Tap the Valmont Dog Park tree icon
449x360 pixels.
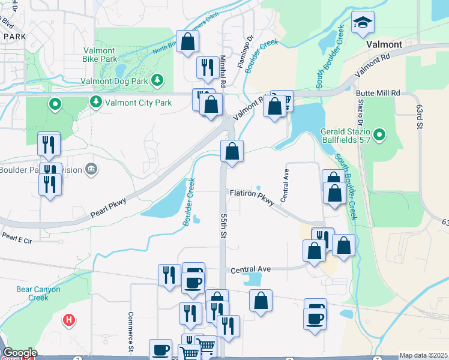click(x=157, y=79)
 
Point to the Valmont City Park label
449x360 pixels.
click(x=138, y=103)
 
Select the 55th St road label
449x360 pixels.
click(x=222, y=225)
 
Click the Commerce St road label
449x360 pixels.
click(x=130, y=331)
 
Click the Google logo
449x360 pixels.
click(x=19, y=353)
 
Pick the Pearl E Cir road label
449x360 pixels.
click(x=16, y=238)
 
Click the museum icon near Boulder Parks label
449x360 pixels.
click(x=90, y=170)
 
